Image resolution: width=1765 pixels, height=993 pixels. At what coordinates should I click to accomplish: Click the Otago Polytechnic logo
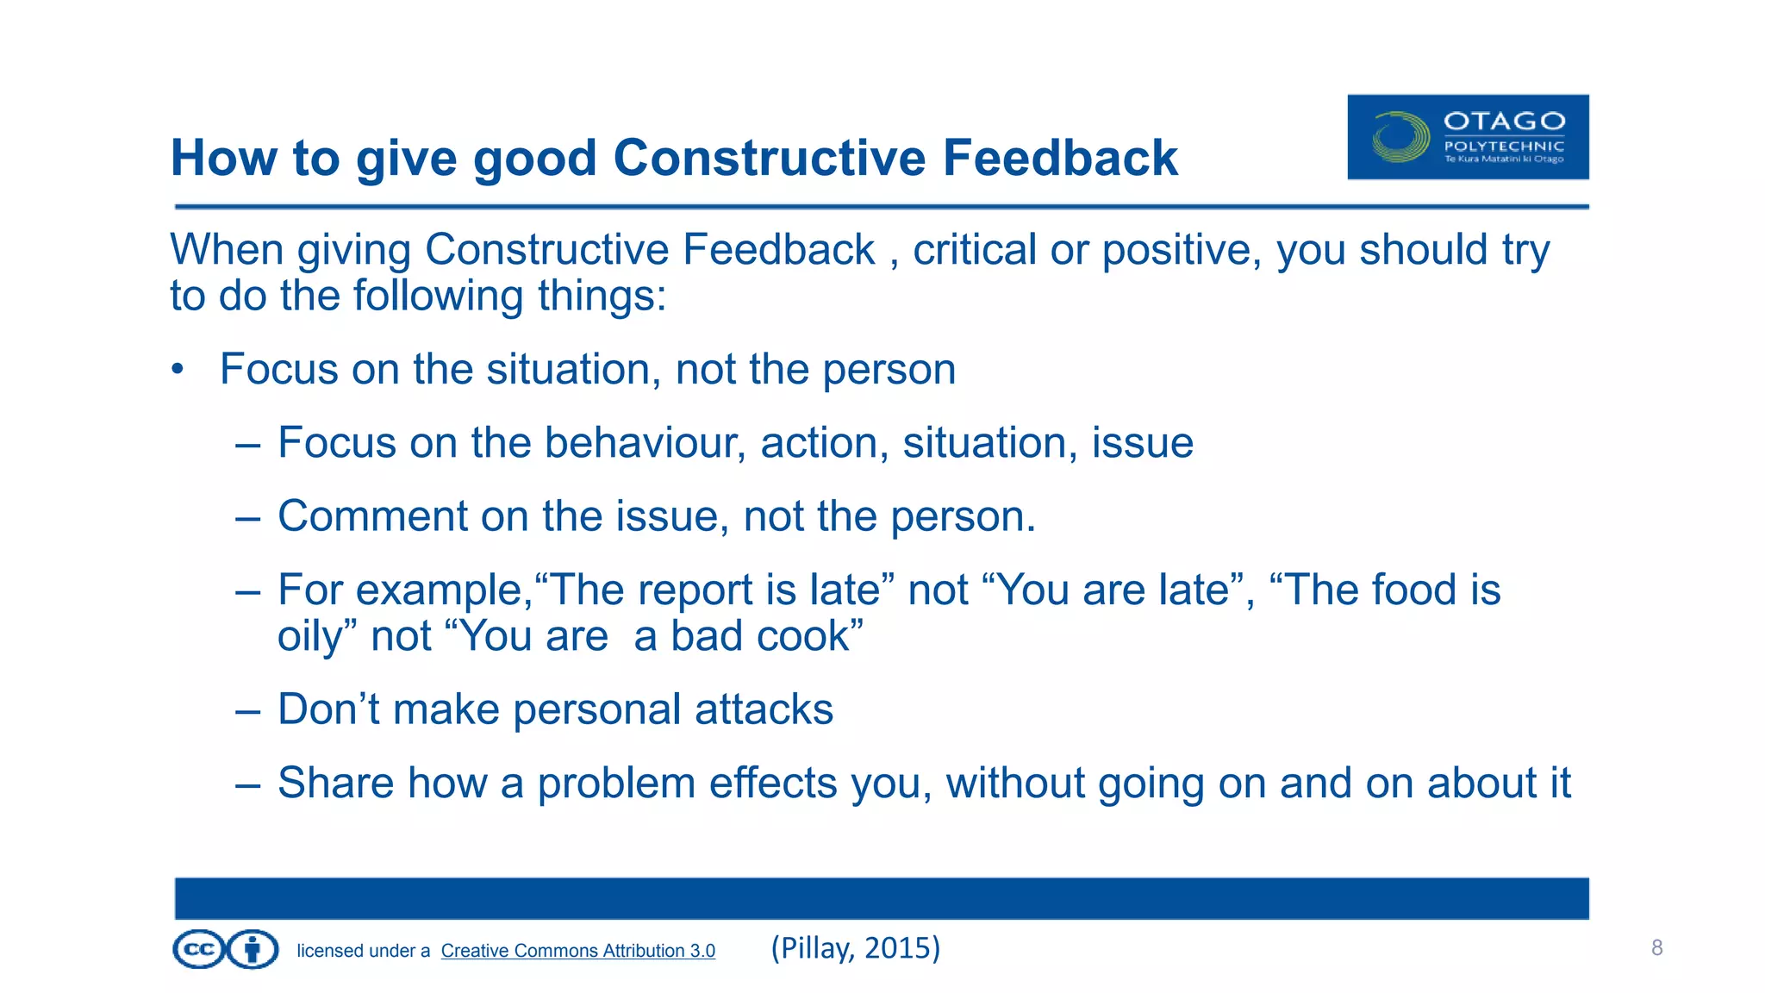(1468, 137)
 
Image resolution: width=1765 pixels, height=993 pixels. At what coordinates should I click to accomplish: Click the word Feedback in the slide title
(1059, 158)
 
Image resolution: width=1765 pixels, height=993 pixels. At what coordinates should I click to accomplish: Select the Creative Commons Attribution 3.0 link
(577, 950)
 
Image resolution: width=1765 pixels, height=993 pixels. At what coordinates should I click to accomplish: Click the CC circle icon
(199, 950)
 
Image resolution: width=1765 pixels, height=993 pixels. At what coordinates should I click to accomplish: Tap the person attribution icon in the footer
(253, 950)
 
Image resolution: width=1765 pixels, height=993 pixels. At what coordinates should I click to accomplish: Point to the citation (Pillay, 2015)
(855, 947)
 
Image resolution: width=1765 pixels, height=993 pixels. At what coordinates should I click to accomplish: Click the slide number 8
(1656, 948)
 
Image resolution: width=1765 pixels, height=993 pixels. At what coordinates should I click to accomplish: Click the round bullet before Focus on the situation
(178, 370)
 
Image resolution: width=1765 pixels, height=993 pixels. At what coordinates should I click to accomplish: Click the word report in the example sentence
(701, 590)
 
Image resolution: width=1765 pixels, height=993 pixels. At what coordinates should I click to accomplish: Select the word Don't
(328, 709)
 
